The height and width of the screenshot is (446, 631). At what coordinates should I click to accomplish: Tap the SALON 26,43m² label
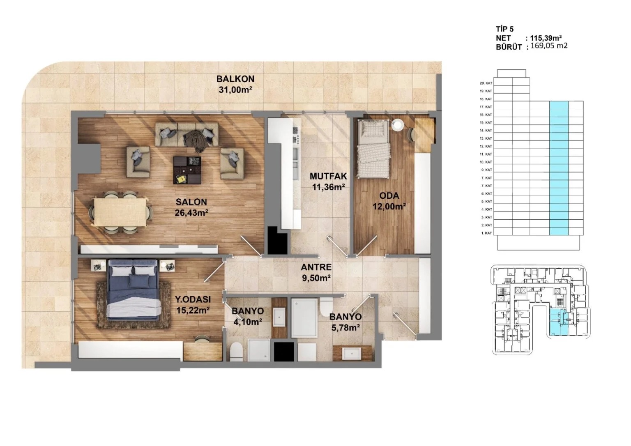click(x=191, y=207)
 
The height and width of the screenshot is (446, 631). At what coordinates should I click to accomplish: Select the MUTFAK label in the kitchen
click(x=328, y=181)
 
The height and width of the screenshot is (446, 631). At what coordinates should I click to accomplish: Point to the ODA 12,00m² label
click(x=389, y=201)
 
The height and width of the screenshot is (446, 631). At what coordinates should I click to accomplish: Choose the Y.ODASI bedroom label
click(x=192, y=305)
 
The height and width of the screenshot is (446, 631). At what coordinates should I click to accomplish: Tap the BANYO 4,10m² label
click(x=248, y=317)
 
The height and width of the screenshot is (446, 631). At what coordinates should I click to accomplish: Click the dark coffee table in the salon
click(x=188, y=170)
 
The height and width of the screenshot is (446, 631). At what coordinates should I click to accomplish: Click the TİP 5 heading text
click(x=504, y=29)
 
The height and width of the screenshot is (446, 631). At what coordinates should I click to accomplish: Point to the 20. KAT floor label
click(x=486, y=83)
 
